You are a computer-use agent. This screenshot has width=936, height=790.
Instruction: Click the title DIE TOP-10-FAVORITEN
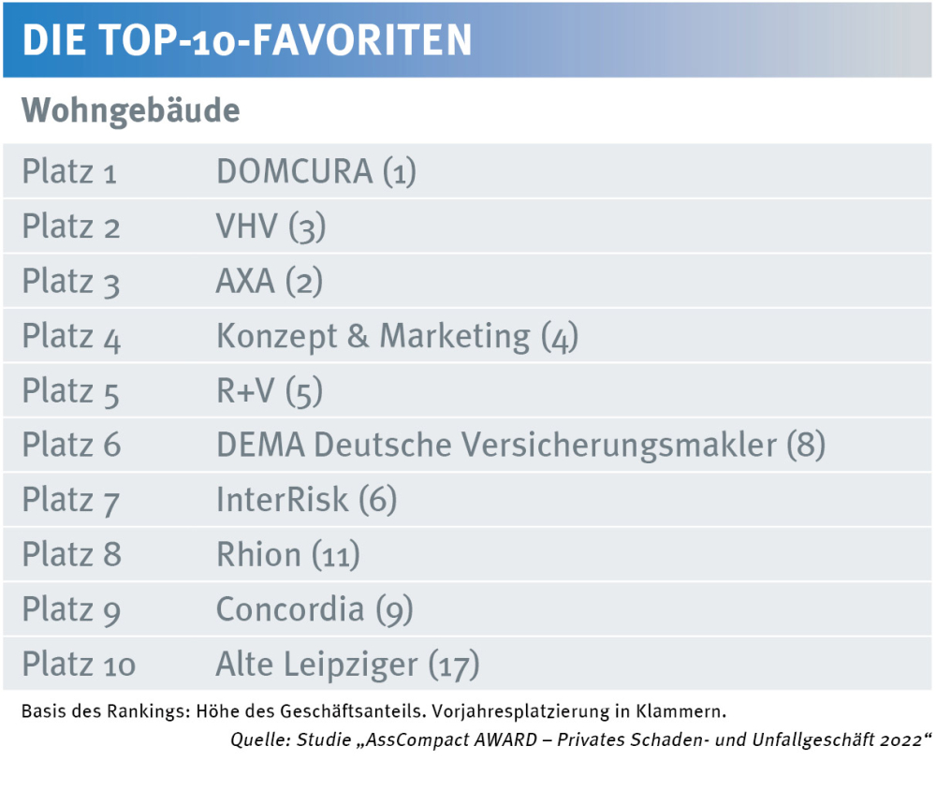[x=246, y=39]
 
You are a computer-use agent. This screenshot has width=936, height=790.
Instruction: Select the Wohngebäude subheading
[x=131, y=110]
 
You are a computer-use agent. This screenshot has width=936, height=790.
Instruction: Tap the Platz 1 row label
[x=69, y=172]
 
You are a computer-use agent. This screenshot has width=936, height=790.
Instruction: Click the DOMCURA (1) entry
[x=315, y=172]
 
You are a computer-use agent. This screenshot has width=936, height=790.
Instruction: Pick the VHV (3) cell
[x=271, y=227]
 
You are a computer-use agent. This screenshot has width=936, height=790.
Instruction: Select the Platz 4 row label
[x=71, y=337]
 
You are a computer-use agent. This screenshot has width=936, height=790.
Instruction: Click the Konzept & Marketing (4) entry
[x=397, y=337]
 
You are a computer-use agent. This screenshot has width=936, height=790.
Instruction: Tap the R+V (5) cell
[x=270, y=391]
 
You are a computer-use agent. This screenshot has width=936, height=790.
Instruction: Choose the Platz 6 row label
[x=71, y=446]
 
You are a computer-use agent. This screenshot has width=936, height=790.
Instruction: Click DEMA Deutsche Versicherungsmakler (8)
[x=520, y=446]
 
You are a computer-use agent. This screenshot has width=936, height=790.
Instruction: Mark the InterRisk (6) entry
[x=306, y=501]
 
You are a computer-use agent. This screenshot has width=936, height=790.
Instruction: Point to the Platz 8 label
[x=71, y=555]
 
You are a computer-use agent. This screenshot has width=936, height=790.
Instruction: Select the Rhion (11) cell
[x=287, y=555]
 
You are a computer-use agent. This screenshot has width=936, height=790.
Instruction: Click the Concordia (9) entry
[x=314, y=610]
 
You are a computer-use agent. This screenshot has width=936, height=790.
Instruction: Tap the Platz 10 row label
[x=79, y=665]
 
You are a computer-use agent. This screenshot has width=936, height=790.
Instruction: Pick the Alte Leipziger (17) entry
[x=347, y=665]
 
